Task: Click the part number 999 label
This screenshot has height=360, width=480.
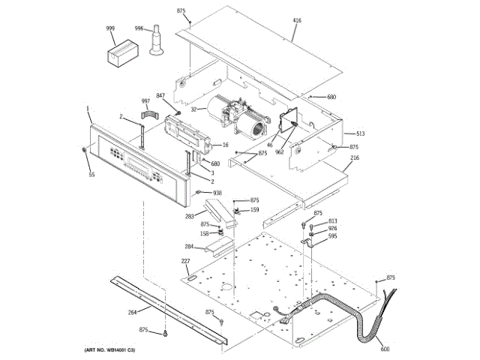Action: (x=110, y=28)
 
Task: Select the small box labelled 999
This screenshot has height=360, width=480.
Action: (x=119, y=55)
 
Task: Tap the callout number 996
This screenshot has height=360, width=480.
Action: (x=139, y=28)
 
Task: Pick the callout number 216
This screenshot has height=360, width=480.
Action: (x=355, y=158)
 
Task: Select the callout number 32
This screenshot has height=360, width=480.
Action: (x=193, y=109)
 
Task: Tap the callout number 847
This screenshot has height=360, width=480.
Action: (x=160, y=95)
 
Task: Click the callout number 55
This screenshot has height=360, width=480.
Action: (x=91, y=175)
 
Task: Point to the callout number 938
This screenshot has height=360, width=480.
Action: (x=217, y=193)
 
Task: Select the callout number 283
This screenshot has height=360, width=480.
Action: (x=190, y=217)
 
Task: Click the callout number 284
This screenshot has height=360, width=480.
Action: (x=190, y=246)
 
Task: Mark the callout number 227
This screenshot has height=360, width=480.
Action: (x=184, y=261)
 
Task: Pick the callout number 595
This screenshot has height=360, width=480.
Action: (x=332, y=236)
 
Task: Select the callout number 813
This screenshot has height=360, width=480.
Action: (x=332, y=221)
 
